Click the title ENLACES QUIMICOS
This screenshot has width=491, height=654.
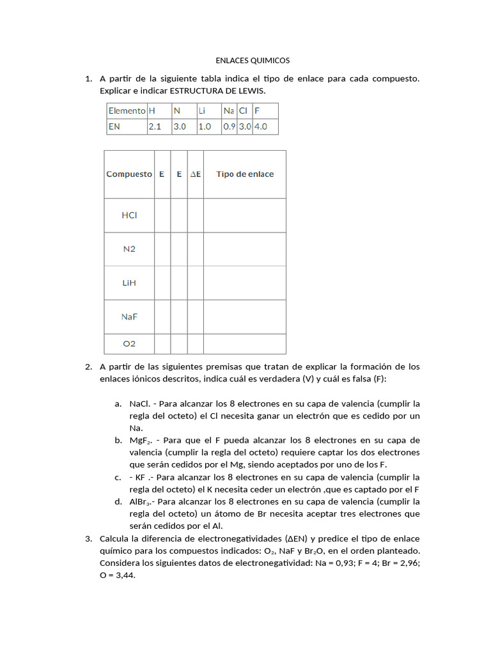tap(252, 61)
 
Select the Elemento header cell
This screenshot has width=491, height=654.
tap(127, 110)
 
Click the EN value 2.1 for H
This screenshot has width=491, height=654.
tap(155, 126)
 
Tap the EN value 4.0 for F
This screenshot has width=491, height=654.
tap(260, 126)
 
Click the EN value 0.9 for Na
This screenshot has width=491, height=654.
tap(229, 126)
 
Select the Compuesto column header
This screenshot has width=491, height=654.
tap(129, 174)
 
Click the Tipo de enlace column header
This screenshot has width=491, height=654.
tap(245, 174)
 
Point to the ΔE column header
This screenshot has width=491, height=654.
tap(196, 174)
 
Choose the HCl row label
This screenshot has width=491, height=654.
tap(129, 215)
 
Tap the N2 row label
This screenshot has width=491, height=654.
tap(129, 249)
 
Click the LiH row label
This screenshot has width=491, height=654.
tap(129, 283)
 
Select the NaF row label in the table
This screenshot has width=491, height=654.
tap(129, 316)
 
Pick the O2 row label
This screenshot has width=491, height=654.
tap(129, 344)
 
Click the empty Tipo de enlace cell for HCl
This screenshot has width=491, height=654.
tap(245, 215)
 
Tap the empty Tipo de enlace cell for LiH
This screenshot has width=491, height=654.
tap(245, 283)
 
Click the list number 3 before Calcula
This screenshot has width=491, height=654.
tap(88, 538)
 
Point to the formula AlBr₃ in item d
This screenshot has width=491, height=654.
tap(140, 502)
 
